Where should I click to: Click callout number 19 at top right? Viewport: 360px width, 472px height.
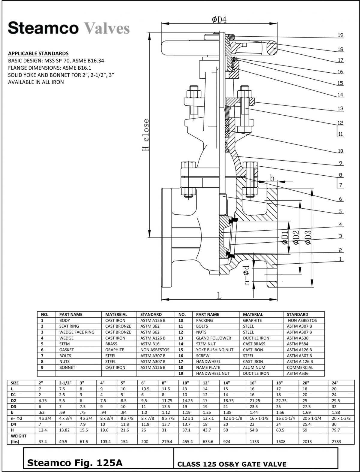(340, 35)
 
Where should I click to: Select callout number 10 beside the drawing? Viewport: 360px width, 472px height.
(340, 151)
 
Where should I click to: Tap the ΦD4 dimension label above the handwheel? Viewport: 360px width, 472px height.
(219, 20)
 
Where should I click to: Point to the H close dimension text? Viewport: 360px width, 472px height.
(145, 135)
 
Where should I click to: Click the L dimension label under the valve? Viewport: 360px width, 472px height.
(219, 296)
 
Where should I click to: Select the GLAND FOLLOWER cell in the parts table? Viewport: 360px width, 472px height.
(213, 338)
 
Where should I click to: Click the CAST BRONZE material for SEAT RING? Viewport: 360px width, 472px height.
(118, 326)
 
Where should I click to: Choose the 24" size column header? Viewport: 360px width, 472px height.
(335, 383)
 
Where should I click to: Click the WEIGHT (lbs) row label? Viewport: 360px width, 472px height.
(19, 438)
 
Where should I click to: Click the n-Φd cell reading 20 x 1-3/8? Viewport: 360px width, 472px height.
(341, 418)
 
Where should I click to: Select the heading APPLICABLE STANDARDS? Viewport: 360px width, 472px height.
(38, 53)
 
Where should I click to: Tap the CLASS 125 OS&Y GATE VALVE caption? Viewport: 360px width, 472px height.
(232, 464)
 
